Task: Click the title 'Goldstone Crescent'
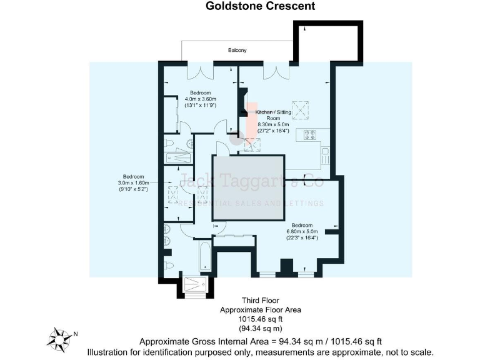[x=261, y=7]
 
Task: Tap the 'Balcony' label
[x=236, y=49]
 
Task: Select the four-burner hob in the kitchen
[x=311, y=134]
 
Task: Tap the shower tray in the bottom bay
[x=197, y=285]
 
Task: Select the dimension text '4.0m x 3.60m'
[x=200, y=99]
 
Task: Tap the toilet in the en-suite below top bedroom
[x=169, y=143]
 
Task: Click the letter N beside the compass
[x=76, y=334]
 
